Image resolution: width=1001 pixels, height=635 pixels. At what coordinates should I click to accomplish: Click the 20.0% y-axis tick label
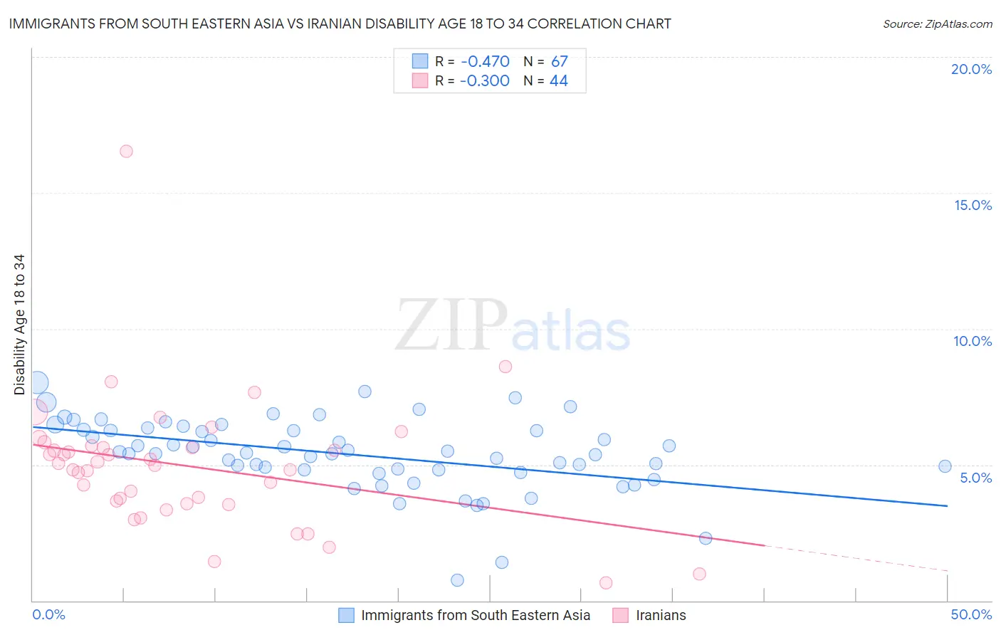click(x=971, y=69)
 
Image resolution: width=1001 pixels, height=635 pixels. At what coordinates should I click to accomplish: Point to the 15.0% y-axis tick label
click(x=973, y=205)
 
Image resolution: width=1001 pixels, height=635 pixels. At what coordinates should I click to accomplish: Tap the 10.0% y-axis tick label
click(x=973, y=341)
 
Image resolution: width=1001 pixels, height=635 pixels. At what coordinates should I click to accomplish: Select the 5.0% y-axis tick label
click(x=975, y=478)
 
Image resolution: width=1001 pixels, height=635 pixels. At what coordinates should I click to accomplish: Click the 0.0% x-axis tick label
click(x=48, y=614)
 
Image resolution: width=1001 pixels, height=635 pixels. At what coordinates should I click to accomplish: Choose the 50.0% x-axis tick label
click(x=971, y=614)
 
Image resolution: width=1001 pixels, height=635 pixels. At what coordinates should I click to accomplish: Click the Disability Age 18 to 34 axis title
click(x=19, y=325)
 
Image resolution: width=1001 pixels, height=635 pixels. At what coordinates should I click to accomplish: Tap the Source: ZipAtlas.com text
click(x=937, y=23)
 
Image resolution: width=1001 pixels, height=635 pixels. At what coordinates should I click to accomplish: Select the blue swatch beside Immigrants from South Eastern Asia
click(x=346, y=615)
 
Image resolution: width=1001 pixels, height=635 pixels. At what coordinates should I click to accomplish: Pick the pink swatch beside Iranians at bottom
click(x=621, y=615)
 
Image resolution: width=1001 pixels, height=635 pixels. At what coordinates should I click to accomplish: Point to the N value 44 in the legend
click(x=558, y=80)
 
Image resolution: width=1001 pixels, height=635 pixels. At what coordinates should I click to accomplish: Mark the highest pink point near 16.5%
click(x=126, y=151)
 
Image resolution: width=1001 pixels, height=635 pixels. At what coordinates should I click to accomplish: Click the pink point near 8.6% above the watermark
click(x=505, y=367)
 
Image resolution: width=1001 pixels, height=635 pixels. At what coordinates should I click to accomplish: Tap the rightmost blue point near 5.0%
click(x=945, y=466)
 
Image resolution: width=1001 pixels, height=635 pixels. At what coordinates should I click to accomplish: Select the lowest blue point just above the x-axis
click(x=457, y=580)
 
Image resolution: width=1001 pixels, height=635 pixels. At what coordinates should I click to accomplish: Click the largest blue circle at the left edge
click(x=37, y=383)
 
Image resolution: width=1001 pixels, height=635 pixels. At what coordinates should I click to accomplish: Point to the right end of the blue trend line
click(x=947, y=505)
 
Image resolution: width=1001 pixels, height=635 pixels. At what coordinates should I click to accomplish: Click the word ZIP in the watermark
click(x=451, y=325)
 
